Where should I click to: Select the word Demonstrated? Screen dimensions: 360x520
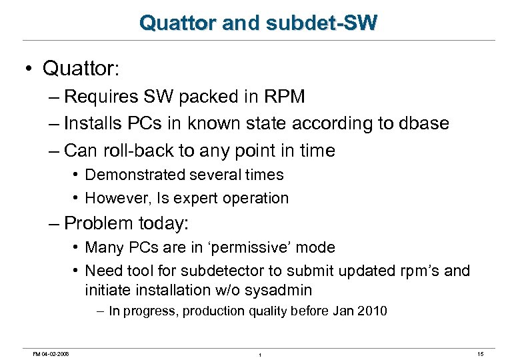(x=137, y=175)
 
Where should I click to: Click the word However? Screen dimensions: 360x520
(x=117, y=198)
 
